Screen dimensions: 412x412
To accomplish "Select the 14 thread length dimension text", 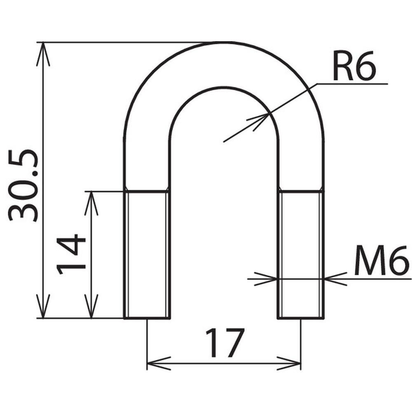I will coord(71,255).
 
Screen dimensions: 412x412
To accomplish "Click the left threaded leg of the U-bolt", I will coord(147,255).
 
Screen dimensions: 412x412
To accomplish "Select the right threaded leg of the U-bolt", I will coord(301,255).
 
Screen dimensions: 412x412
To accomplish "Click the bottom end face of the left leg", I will coord(147,318).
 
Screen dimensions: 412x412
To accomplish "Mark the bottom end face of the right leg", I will coord(301,318).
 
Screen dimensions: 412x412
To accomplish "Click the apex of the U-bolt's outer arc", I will coord(224,42).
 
